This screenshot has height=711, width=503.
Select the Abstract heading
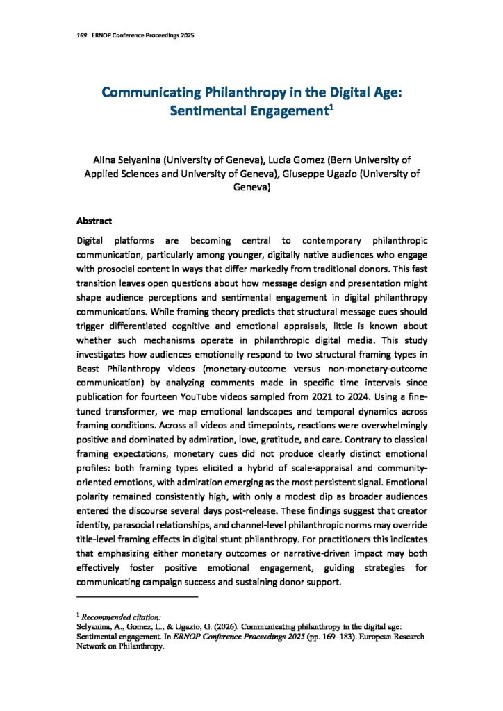pyautogui.click(x=94, y=221)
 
